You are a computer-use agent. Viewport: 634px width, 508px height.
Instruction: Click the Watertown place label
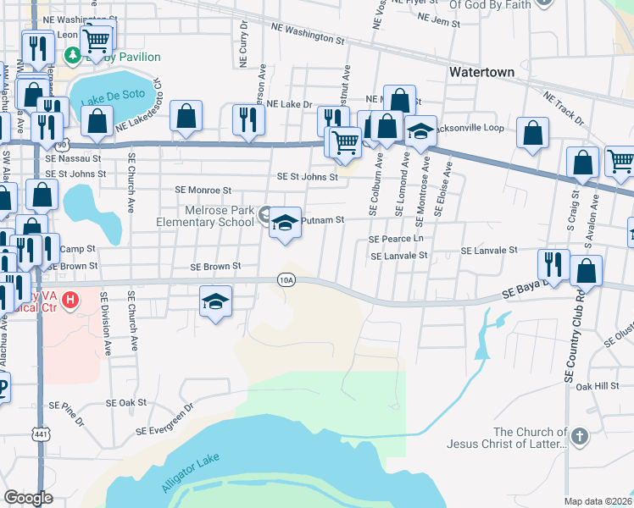click(482, 72)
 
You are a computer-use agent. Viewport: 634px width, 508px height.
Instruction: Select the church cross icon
click(579, 437)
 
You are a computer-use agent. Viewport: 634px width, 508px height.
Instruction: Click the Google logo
click(28, 498)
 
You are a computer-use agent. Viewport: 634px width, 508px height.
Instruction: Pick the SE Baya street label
click(520, 291)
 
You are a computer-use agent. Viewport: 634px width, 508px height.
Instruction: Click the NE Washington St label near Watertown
click(308, 34)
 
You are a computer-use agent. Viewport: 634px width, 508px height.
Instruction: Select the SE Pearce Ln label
click(396, 240)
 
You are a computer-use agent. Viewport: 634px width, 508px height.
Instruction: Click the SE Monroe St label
click(203, 191)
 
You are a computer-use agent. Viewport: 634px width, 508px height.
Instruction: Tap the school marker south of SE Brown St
click(216, 301)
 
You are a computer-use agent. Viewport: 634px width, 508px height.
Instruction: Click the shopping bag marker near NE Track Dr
click(532, 133)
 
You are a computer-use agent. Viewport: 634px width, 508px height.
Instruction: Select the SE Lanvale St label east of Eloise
click(489, 251)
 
